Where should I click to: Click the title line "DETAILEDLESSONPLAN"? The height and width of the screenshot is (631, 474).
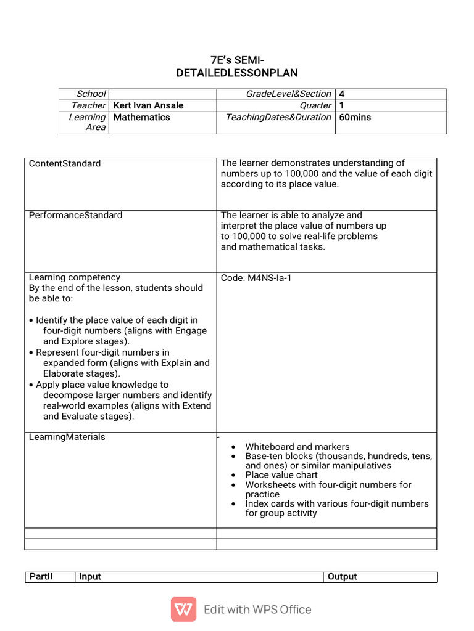click(237, 73)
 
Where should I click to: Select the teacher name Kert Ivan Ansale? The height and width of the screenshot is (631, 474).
click(149, 105)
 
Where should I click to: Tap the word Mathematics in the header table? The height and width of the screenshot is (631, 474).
click(142, 117)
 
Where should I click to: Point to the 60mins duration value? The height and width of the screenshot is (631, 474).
click(355, 117)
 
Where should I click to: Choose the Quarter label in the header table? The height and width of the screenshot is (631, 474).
click(315, 105)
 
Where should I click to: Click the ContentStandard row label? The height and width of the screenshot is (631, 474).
click(65, 163)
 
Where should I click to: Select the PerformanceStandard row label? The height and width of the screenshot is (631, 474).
click(75, 215)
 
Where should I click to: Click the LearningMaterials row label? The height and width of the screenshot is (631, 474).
click(67, 437)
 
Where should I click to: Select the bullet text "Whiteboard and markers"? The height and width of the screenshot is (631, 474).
click(297, 447)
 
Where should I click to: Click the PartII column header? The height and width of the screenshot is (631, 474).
click(41, 577)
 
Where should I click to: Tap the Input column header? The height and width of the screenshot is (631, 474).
click(90, 577)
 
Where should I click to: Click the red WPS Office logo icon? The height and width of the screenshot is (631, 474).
click(183, 609)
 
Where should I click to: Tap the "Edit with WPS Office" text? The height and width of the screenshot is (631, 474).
click(257, 609)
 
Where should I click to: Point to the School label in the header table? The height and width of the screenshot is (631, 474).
click(91, 94)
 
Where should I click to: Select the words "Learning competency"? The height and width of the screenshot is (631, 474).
click(75, 278)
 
